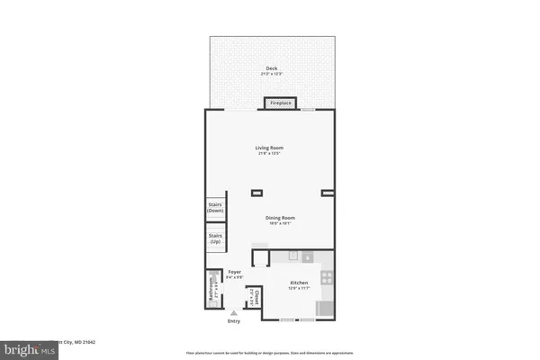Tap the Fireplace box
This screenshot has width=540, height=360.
281,103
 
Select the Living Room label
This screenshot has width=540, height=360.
270,148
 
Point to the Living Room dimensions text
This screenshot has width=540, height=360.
270,154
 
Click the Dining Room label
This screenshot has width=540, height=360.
280,217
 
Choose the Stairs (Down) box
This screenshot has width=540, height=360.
216,208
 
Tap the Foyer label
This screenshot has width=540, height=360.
234,271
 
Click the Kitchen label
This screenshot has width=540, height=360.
299,283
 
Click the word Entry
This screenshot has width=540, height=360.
234,321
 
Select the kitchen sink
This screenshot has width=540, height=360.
308,257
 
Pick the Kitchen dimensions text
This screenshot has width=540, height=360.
299,289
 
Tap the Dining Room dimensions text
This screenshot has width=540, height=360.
280,223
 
